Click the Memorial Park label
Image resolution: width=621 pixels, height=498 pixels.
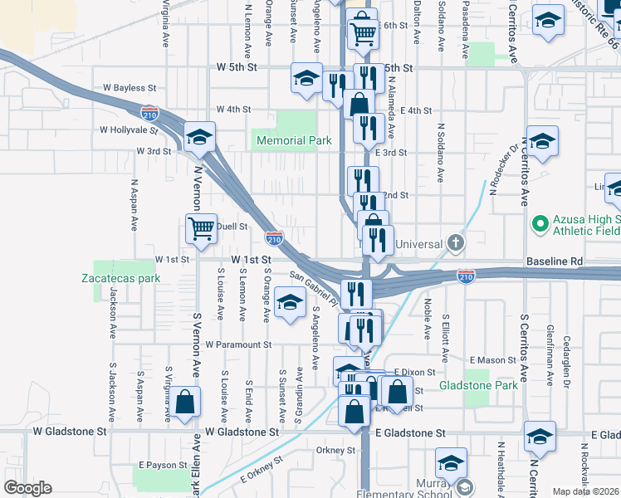(294, 141)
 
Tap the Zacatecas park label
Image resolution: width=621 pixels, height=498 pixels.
(120, 278)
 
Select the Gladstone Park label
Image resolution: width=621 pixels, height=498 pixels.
(490, 385)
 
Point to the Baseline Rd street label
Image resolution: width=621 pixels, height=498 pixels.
(554, 261)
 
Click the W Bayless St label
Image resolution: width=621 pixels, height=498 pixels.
(128, 87)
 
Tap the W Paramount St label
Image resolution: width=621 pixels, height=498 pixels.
(238, 344)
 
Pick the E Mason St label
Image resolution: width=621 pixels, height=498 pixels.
(493, 360)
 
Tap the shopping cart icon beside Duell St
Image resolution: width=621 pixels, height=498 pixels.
(201, 229)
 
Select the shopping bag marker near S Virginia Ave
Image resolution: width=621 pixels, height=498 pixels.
(187, 403)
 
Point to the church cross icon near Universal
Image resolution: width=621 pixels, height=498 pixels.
(454, 243)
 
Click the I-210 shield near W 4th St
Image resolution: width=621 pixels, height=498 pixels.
(150, 111)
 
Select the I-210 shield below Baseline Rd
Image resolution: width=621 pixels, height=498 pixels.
(467, 274)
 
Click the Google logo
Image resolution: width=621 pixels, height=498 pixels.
(28, 487)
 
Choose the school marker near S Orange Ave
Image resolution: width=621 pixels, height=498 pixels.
(289, 304)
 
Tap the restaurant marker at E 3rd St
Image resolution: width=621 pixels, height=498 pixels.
(367, 129)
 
